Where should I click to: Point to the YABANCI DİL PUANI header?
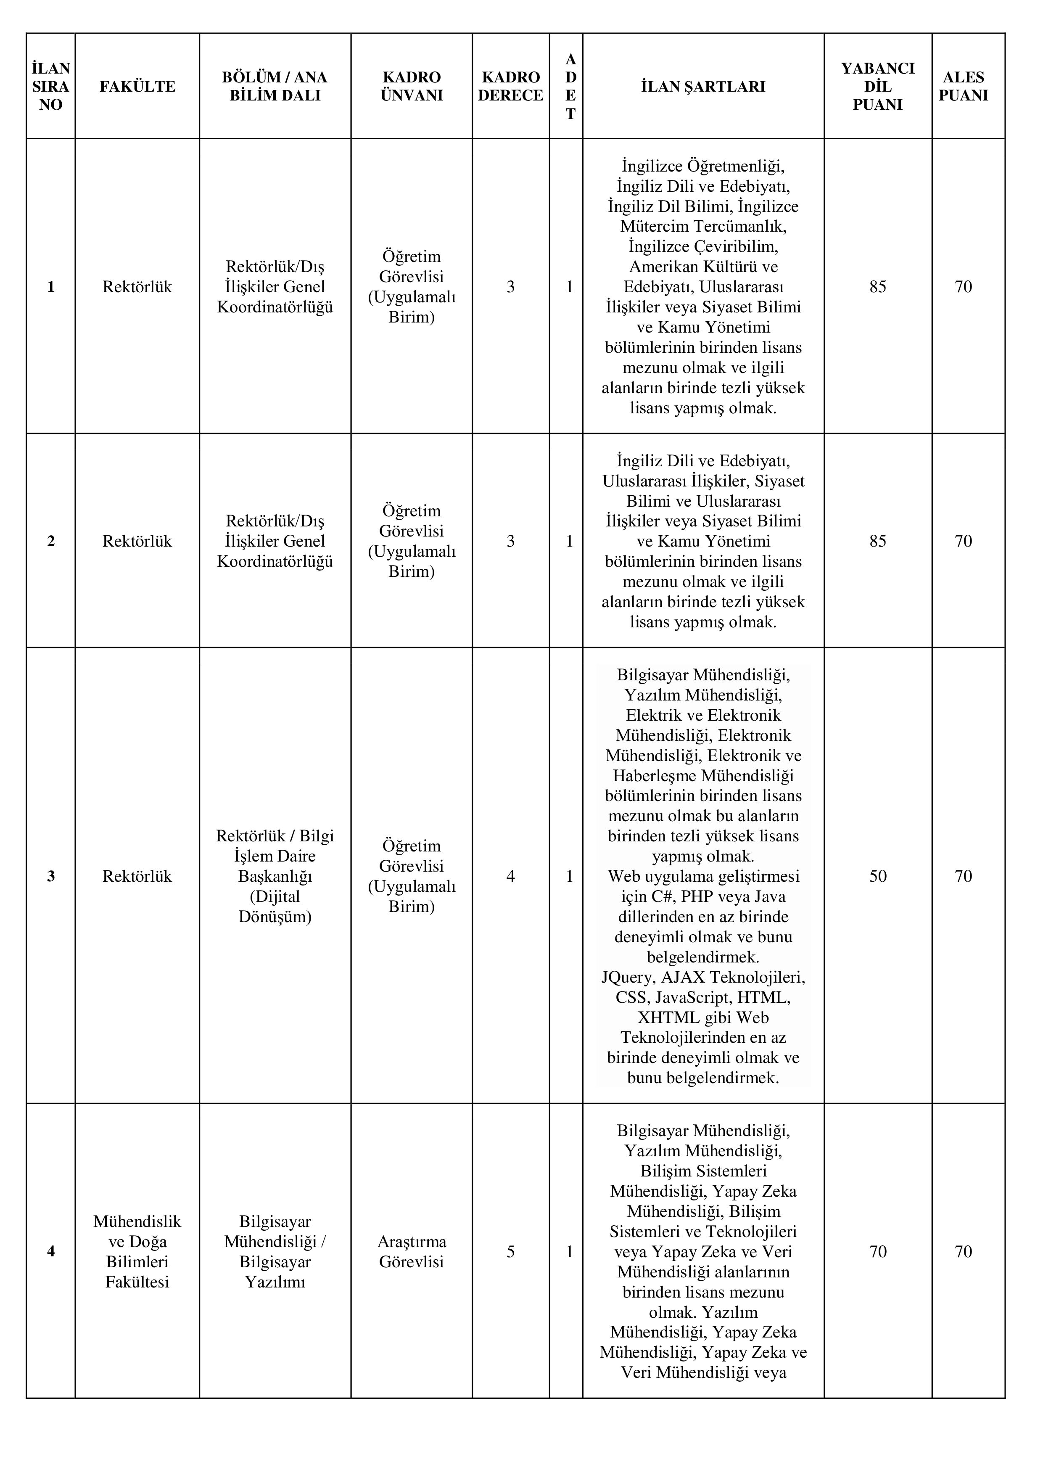tap(877, 86)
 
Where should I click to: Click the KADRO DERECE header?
tap(511, 86)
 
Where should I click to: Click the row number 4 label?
tap(51, 1251)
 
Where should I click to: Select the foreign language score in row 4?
tap(877, 1251)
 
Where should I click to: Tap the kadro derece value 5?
tap(511, 1251)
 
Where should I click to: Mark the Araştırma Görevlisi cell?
tap(411, 1251)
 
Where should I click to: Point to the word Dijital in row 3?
tap(275, 896)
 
